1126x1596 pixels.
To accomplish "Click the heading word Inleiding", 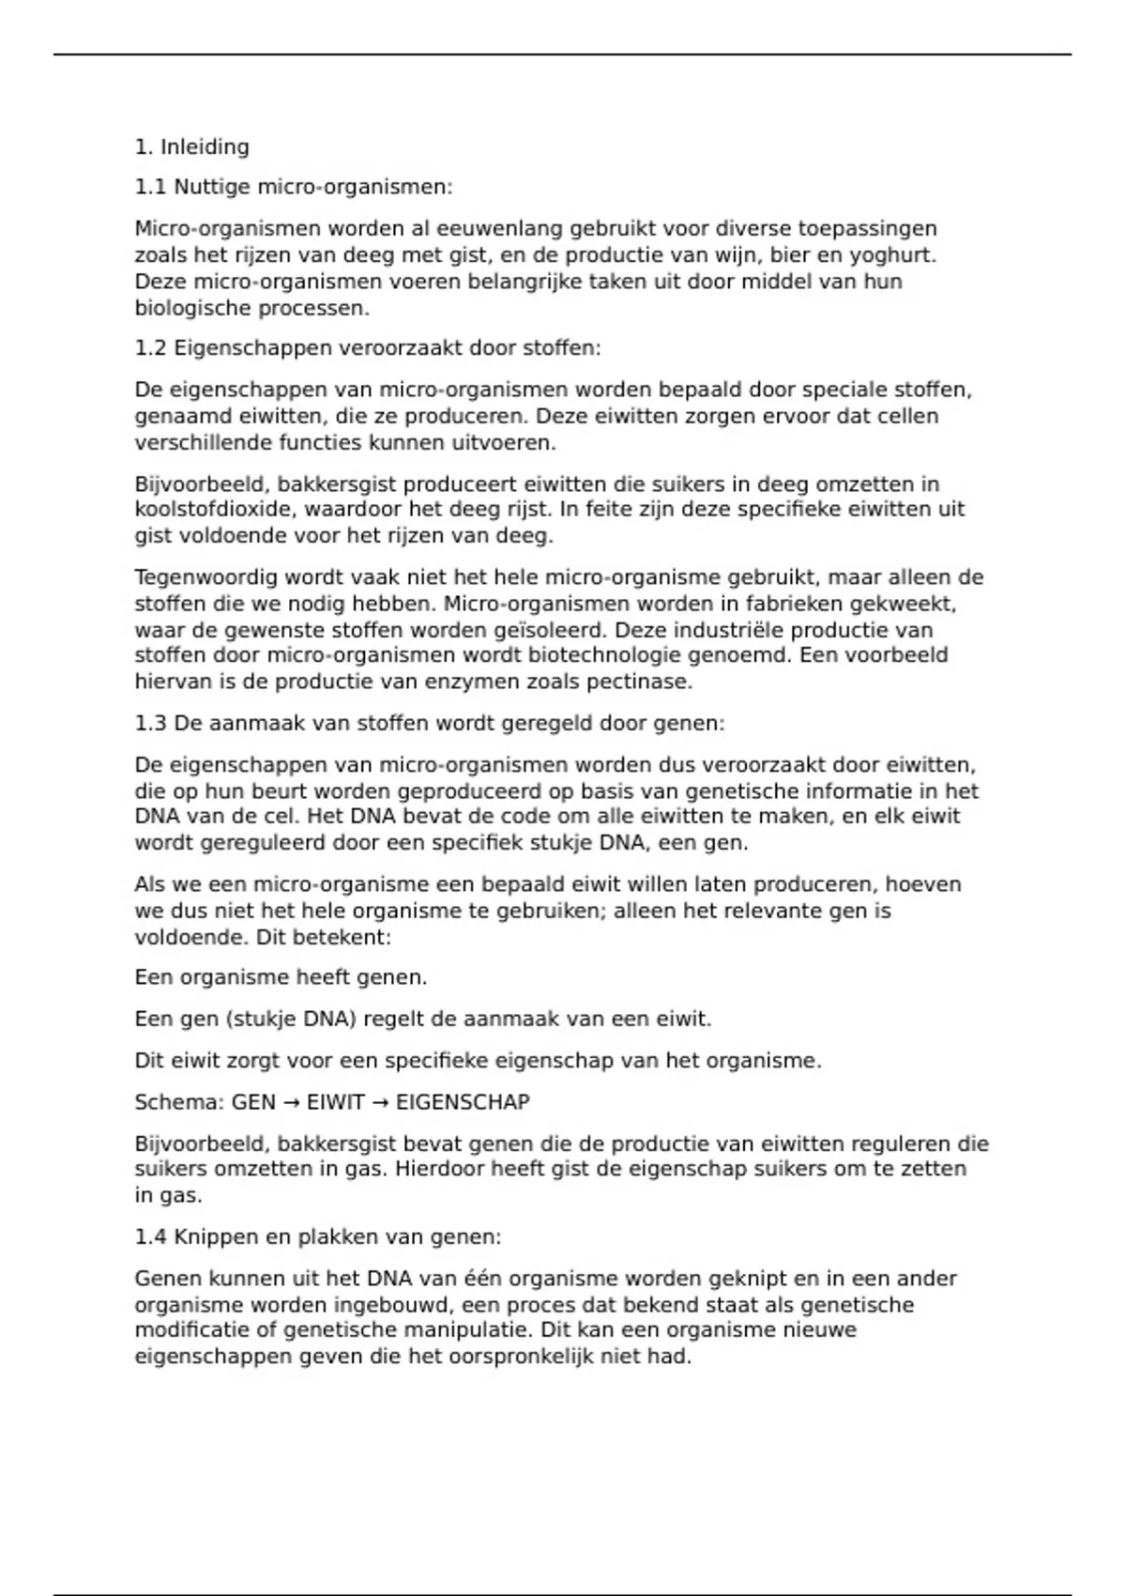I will point(205,147).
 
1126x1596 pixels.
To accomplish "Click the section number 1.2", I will point(150,348).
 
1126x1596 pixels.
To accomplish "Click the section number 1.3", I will point(150,724).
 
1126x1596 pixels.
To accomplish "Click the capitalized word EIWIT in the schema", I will point(335,1102).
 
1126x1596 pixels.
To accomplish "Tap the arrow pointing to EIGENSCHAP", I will point(380,1102).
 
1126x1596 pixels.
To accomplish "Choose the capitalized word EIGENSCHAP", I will point(463,1102).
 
